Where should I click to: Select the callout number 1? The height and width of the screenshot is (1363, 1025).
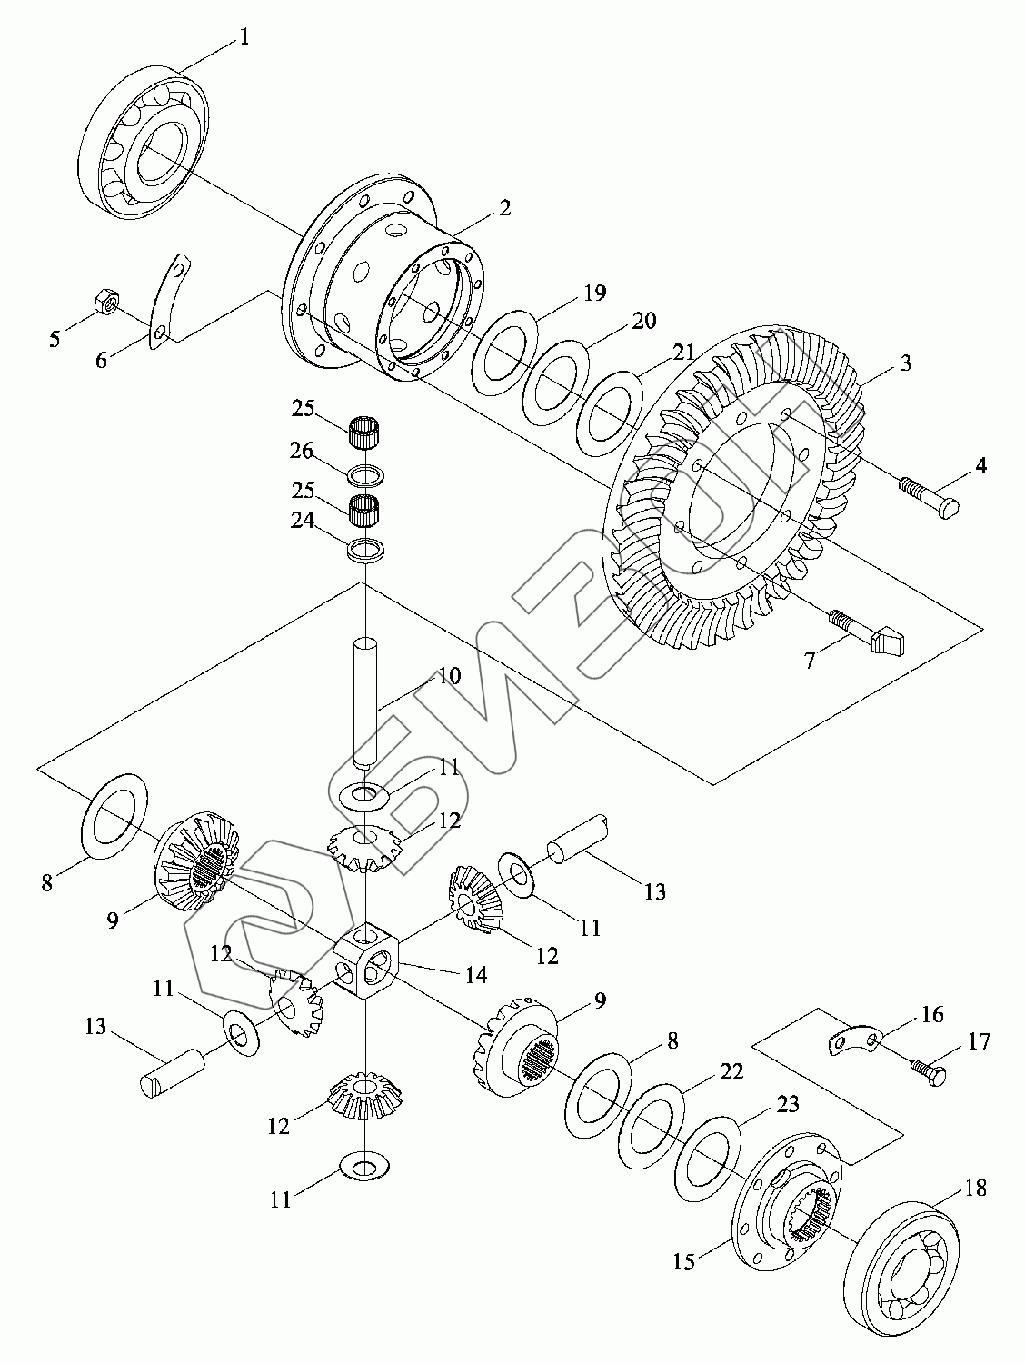[x=244, y=37]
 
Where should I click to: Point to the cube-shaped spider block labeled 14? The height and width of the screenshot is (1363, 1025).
[x=365, y=967]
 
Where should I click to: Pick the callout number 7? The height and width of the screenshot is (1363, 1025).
[x=809, y=660]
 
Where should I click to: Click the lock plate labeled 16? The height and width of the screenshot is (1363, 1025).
[x=854, y=1040]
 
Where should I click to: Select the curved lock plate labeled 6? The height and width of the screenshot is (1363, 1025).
[x=167, y=303]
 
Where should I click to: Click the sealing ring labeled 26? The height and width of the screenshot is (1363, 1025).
[x=365, y=477]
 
